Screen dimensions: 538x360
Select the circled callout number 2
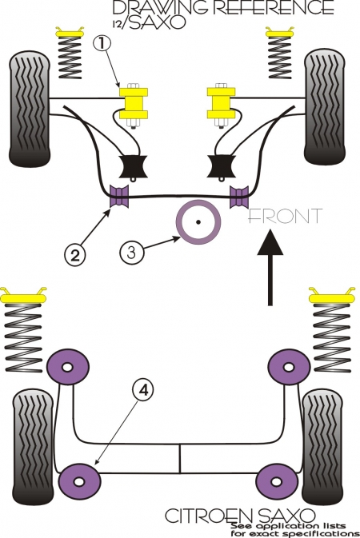click(x=74, y=256)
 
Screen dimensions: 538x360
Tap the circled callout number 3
click(x=132, y=252)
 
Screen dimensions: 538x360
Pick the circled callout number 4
click(x=143, y=390)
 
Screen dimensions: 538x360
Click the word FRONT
click(x=285, y=216)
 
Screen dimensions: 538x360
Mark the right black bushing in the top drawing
click(x=221, y=167)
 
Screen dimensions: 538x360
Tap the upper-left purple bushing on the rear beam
click(x=68, y=367)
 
